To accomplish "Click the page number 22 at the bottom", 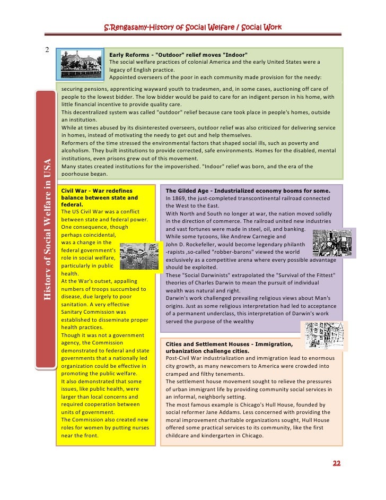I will tap(336, 463).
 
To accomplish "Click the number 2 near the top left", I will tap(47, 50).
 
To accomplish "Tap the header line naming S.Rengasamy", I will tap(192, 28).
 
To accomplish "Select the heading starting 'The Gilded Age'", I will tap(248, 191).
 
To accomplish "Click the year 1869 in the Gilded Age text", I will tap(179, 198).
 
